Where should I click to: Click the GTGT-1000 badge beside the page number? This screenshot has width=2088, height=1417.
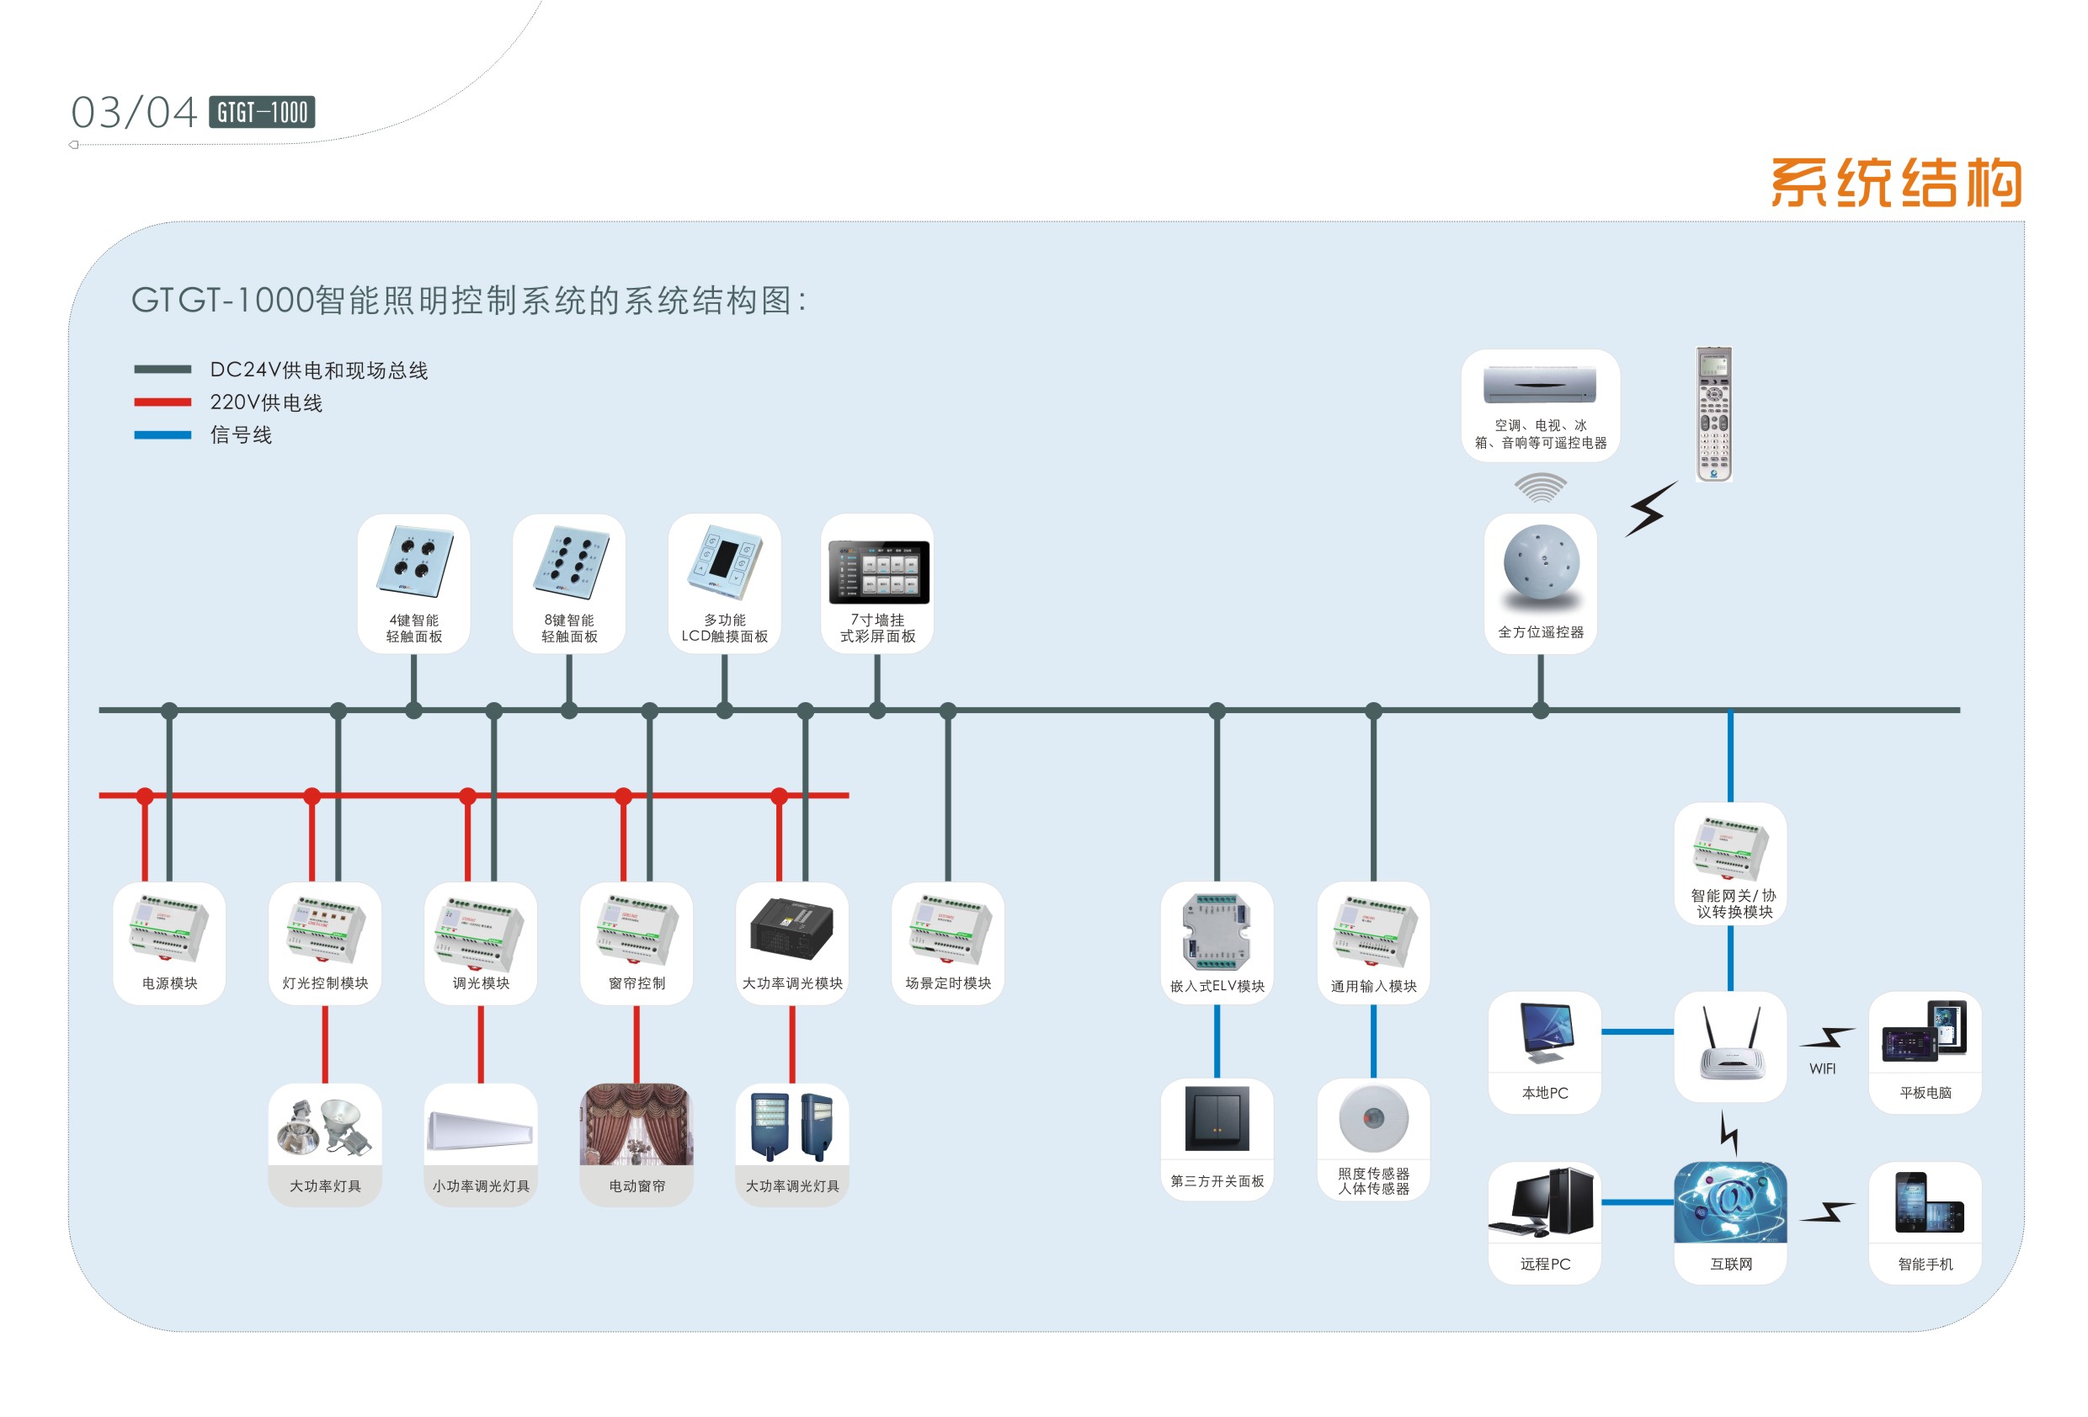262,112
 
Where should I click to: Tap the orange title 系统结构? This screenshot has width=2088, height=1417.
1895,183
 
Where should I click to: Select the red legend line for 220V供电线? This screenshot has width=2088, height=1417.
162,402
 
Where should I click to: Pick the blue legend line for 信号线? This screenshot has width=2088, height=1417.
162,435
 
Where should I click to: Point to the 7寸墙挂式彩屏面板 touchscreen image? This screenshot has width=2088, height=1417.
878,573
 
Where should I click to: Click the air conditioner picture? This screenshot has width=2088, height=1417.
1540,385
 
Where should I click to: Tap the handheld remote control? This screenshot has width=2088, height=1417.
1713,414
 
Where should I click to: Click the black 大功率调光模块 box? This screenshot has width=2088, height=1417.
791,928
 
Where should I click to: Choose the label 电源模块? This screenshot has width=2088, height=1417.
170,983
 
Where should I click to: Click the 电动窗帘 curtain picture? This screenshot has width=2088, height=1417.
637,1125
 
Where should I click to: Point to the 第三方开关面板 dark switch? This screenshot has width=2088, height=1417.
1217,1119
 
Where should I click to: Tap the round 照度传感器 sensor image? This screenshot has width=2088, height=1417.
1373,1119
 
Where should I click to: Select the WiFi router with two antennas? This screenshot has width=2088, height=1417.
1731,1043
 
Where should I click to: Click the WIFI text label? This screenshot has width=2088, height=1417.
1822,1068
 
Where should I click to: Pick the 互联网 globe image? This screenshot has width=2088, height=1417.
1730,1203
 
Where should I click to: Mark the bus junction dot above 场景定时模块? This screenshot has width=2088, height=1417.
948,711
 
